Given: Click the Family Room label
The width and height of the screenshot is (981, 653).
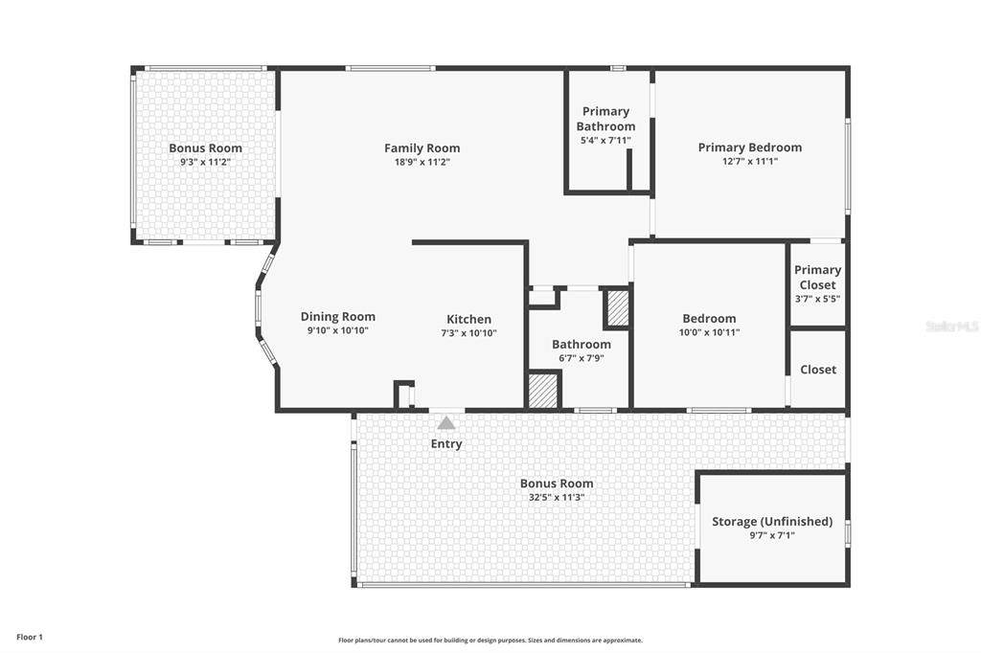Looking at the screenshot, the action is (x=422, y=148).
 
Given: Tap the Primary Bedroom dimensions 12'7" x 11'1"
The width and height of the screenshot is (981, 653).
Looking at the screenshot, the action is (x=749, y=162).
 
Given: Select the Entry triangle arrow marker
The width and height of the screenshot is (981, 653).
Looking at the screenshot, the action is (x=446, y=423).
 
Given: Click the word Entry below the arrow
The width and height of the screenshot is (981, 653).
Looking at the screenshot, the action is (x=446, y=444).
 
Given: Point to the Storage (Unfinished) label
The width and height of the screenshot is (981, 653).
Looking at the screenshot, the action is (x=772, y=522).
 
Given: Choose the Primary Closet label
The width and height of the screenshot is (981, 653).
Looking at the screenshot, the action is (x=818, y=277).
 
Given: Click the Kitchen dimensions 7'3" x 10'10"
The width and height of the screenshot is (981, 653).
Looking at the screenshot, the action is (x=468, y=333).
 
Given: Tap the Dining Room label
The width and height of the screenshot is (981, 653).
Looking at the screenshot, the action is (x=338, y=317).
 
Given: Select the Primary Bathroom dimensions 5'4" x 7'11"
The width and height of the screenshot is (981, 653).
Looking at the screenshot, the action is (x=605, y=141).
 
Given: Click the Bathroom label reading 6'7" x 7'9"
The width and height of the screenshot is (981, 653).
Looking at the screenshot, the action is (x=582, y=358).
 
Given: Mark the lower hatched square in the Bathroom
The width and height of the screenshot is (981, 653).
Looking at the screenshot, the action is (x=543, y=391).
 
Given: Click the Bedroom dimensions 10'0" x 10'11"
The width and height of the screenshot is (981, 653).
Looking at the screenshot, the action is (x=710, y=333).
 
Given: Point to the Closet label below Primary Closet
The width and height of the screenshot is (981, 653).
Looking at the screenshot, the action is (x=818, y=370).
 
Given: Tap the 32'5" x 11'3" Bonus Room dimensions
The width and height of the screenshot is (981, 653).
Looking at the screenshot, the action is (x=557, y=498).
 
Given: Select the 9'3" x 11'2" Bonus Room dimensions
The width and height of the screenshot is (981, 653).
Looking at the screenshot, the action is (x=205, y=162).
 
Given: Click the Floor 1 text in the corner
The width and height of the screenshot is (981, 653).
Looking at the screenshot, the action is (x=30, y=638).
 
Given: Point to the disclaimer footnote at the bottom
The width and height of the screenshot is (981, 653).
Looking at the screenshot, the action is (x=490, y=641).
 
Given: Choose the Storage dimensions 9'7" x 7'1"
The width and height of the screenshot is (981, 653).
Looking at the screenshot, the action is (x=772, y=535).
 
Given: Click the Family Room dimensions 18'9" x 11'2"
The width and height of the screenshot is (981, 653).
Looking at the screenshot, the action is (x=422, y=162).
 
